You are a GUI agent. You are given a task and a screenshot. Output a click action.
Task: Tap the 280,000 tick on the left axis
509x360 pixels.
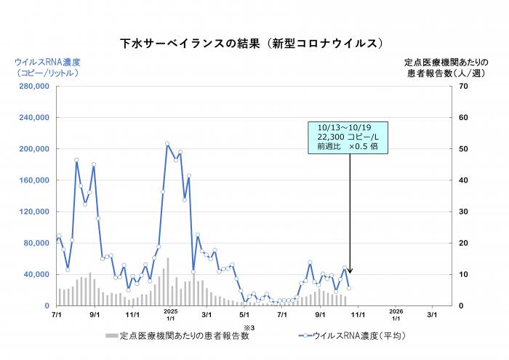[33, 87]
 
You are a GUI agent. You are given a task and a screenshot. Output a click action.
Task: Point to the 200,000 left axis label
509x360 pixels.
[33, 149]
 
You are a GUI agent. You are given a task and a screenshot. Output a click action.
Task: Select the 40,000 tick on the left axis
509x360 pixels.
[36, 274]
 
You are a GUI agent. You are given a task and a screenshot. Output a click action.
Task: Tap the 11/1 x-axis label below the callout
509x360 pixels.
[358, 315]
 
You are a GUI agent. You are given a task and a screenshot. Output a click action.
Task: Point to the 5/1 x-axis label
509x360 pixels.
[245, 315]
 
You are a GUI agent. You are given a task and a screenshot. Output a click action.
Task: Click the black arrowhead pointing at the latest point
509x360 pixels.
[350, 270]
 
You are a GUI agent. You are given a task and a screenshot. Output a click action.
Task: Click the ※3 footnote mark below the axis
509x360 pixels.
[247, 328]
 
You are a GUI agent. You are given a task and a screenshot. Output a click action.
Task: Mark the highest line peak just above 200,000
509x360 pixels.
[167, 144]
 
